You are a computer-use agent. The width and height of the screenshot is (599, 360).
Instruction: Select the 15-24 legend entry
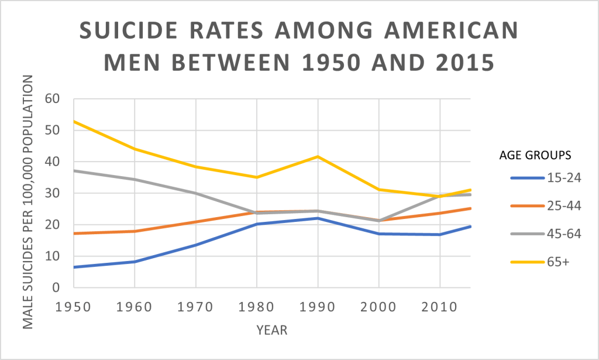(546, 178)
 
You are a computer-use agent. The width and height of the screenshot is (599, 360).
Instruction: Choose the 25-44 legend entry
(546, 206)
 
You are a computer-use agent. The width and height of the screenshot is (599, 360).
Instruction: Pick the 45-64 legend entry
(546, 234)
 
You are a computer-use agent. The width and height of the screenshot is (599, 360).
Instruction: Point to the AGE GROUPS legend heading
(535, 155)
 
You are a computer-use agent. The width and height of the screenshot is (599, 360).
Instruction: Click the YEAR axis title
(272, 331)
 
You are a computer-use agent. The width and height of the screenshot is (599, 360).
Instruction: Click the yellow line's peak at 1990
(318, 156)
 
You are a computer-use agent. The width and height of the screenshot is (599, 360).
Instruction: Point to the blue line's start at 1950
(74, 267)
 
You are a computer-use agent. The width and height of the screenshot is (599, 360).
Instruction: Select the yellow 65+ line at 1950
(74, 121)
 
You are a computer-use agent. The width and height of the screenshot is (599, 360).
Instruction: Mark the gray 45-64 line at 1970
(196, 193)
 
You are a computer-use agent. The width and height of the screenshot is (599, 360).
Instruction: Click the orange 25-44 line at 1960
(135, 231)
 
